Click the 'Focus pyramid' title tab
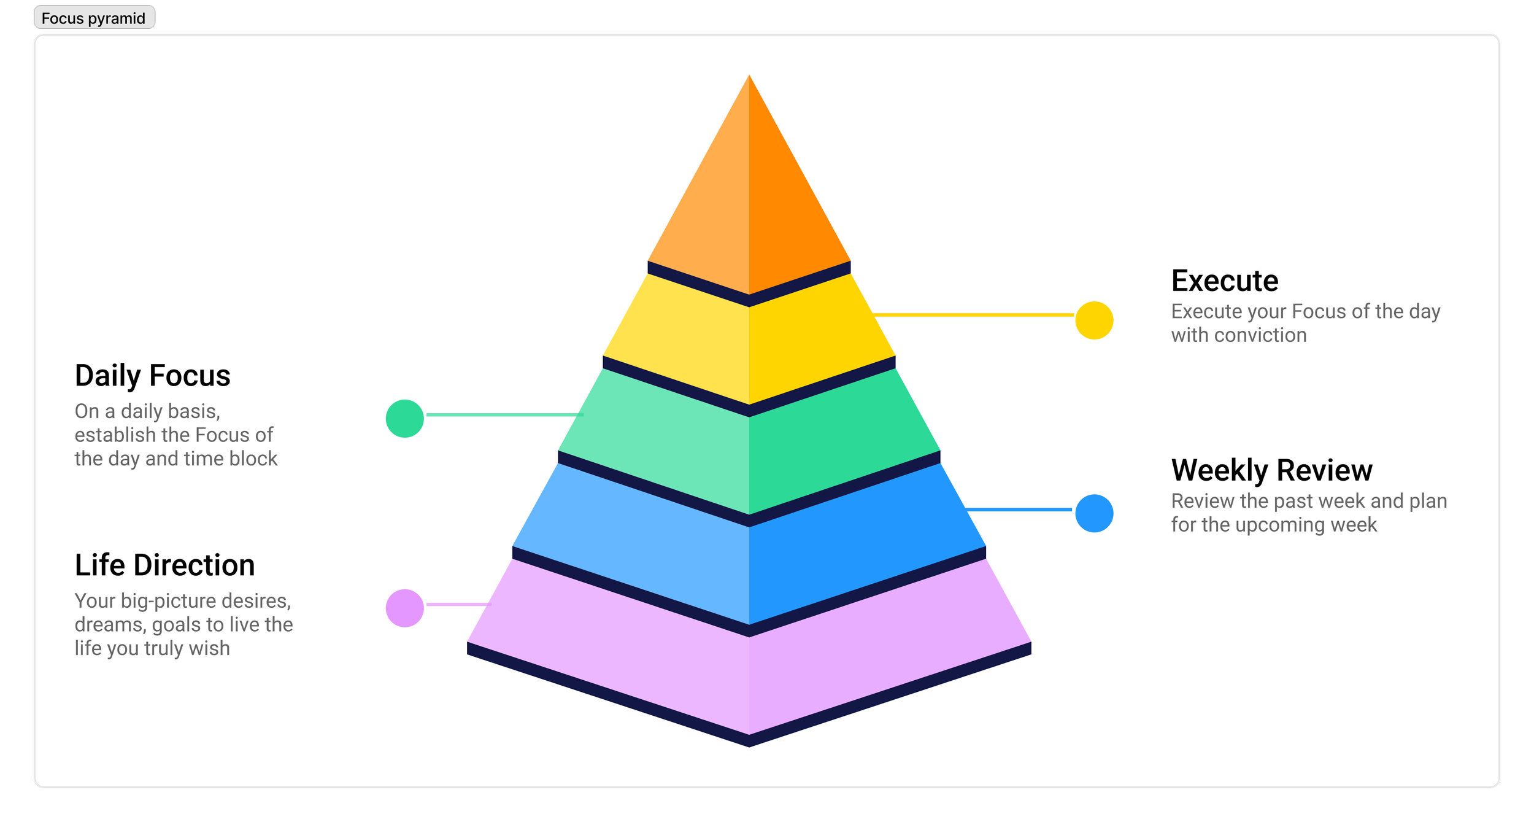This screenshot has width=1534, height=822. point(94,18)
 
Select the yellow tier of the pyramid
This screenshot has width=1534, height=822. point(749,344)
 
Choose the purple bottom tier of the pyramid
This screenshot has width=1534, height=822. point(749,675)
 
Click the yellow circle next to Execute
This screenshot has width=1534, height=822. point(1094,320)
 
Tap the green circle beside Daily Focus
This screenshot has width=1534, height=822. point(405,419)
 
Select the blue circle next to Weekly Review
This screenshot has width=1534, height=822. point(1094,513)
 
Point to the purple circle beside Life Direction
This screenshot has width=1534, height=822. point(405,608)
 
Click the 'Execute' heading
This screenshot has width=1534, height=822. point(1224,281)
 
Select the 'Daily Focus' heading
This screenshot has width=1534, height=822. point(152,376)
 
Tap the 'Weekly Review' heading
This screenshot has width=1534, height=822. point(1271,471)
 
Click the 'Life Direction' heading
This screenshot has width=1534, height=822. point(164,565)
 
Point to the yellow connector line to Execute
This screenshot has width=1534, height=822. point(973,315)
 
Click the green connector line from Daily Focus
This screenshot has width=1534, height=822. point(503,415)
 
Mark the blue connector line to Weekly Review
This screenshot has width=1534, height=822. point(1019,510)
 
